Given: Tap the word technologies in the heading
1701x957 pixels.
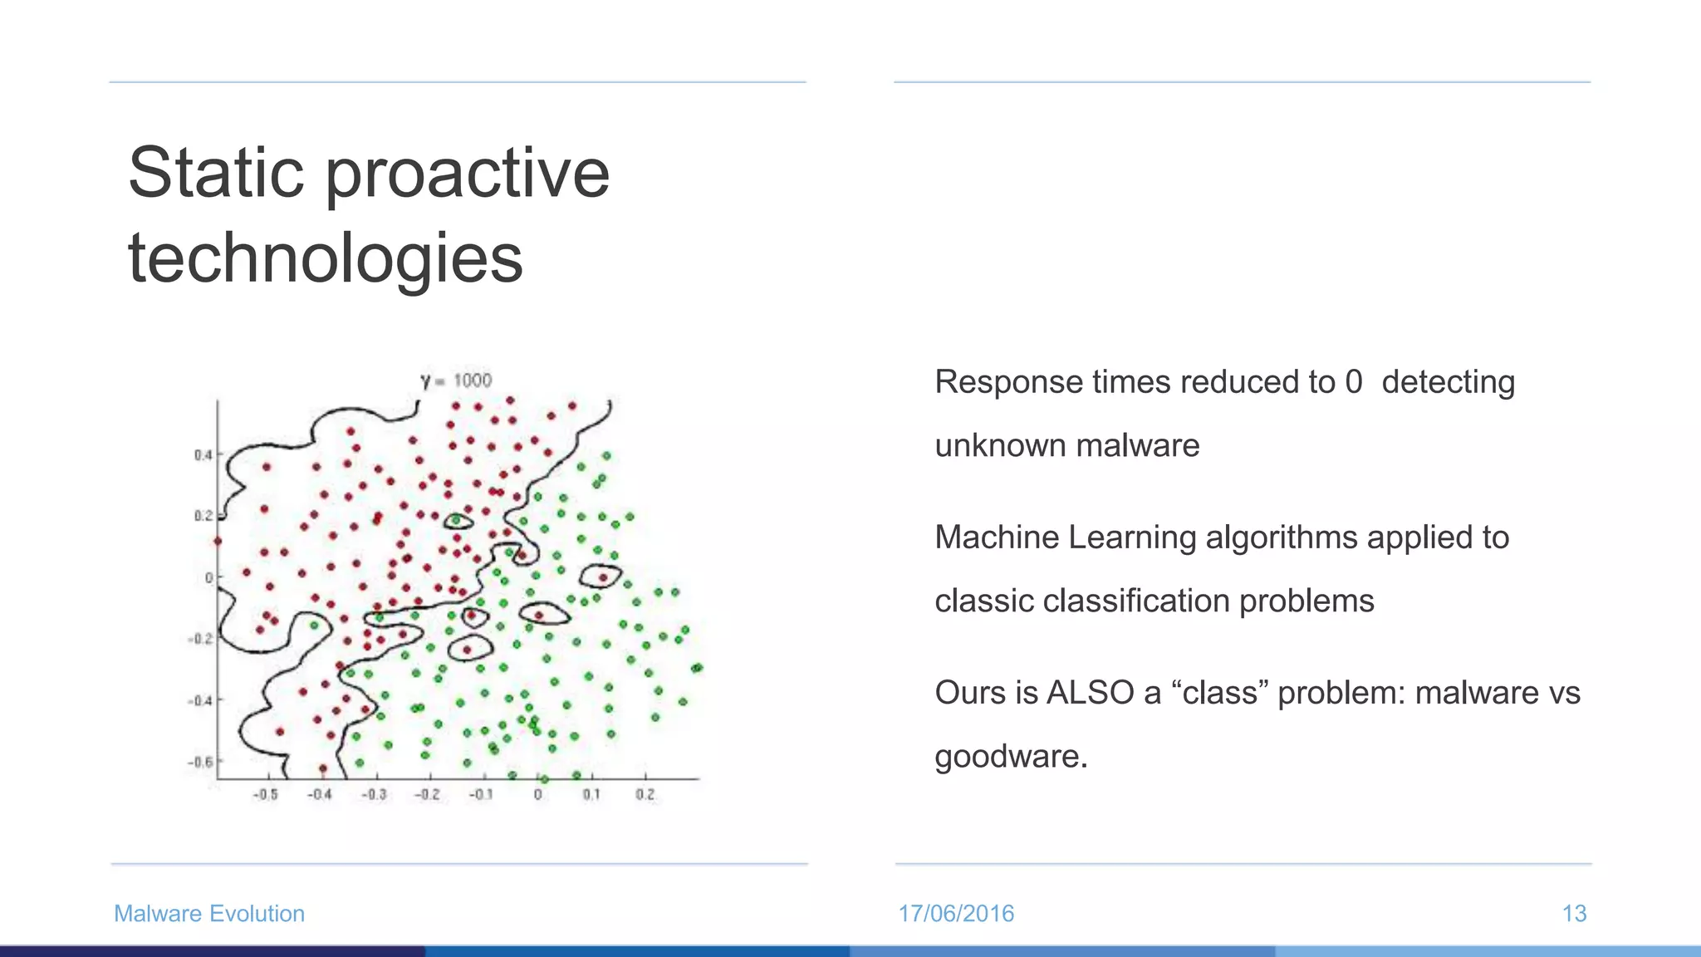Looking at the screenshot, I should pos(326,258).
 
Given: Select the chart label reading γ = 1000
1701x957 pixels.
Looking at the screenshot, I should pos(456,380).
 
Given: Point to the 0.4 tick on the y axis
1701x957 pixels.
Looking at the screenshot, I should pos(203,454).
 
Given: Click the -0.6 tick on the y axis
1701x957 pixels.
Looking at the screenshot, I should pos(201,762).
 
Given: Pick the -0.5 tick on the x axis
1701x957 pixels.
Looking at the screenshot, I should pos(265,794).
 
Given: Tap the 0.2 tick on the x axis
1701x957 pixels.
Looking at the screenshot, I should pos(645,794).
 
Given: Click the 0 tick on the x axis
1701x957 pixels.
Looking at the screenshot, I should pos(538,794).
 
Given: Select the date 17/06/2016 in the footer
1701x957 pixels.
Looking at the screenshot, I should pos(956,913).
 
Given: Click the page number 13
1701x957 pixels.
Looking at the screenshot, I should pos(1574,913).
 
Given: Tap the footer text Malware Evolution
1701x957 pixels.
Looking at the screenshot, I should pos(209,913).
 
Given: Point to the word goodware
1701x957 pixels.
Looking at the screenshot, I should pos(1010,757).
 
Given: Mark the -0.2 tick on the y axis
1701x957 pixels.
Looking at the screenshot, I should pos(200,639).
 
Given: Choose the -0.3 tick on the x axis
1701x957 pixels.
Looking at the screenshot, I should pos(374,794).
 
